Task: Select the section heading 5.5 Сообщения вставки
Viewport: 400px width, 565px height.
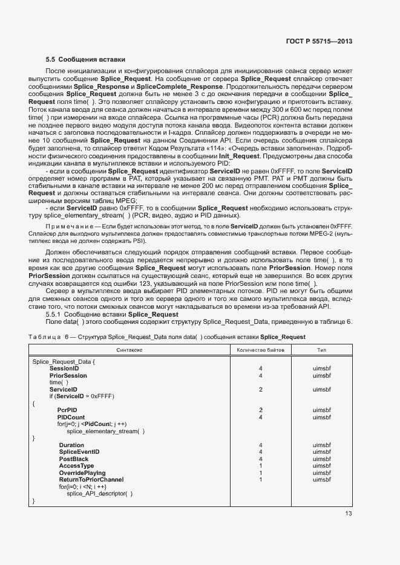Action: [85, 59]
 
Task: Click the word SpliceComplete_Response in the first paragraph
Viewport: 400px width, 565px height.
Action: [172, 87]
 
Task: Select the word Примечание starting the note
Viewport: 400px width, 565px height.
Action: [73, 242]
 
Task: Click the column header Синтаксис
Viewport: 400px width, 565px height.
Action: [130, 350]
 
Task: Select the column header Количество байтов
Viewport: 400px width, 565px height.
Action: [260, 350]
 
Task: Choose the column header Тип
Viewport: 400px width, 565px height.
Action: [322, 350]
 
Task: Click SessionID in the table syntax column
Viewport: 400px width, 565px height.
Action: [64, 368]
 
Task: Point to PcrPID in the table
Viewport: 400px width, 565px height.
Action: [67, 410]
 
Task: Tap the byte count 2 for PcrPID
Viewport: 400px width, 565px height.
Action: [260, 410]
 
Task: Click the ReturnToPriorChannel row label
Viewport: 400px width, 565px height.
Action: [91, 479]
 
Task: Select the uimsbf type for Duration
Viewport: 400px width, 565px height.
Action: [322, 445]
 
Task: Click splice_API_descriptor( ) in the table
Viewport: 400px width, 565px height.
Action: [99, 493]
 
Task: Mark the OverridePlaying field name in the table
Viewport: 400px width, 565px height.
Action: [82, 473]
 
